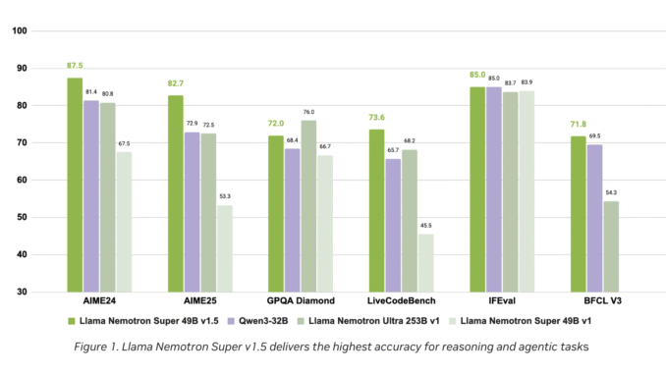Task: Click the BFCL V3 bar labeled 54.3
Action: tap(610, 245)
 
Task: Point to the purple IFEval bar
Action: tap(493, 188)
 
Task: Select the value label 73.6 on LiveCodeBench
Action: tap(376, 119)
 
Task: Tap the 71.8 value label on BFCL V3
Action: tap(578, 126)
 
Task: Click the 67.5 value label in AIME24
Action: tap(124, 143)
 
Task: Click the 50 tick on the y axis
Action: tap(21, 217)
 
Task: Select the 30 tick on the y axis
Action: tap(21, 292)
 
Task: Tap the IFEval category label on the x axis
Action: tap(501, 300)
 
